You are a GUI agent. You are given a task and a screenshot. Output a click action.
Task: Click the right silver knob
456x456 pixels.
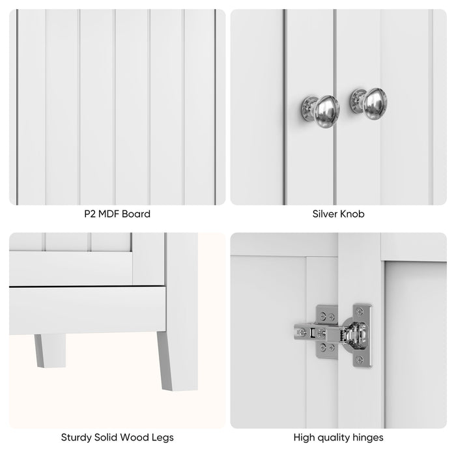pos(374,102)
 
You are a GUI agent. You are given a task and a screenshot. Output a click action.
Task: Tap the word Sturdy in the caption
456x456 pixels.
pos(77,438)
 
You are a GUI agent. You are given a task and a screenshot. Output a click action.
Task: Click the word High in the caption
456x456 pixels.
pos(306,438)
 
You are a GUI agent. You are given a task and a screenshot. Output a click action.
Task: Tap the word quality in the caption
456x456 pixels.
pos(337,438)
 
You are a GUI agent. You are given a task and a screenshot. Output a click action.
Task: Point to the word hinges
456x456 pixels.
pos(368,438)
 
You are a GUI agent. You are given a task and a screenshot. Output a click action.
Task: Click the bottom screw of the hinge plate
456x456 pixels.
pos(360,360)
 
